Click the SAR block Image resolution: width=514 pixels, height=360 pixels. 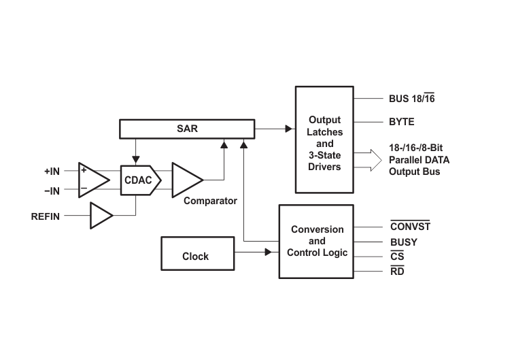(187, 129)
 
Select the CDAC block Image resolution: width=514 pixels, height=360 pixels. (141, 180)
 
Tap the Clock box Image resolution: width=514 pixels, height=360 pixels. (198, 254)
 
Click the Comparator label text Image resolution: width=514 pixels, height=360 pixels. (210, 201)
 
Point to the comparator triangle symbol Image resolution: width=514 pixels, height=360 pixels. (187, 180)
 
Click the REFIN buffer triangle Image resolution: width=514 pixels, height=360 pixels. (101, 216)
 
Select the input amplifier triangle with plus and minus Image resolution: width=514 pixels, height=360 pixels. (94, 180)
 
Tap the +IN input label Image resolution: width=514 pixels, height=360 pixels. (52, 171)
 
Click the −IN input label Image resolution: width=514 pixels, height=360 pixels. (52, 191)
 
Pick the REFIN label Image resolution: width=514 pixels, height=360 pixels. (46, 216)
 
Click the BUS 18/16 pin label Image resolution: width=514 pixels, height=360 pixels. (412, 98)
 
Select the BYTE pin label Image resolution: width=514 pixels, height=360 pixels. (402, 122)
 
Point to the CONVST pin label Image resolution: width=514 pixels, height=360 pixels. (410, 226)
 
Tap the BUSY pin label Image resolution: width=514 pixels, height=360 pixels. (404, 242)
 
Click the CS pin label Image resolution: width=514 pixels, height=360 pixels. (397, 256)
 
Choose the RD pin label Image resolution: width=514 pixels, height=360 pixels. (397, 271)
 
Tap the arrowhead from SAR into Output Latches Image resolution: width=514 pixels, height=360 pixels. (288, 129)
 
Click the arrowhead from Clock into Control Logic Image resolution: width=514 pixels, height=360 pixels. (268, 252)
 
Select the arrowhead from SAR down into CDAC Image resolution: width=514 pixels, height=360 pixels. (136, 160)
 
